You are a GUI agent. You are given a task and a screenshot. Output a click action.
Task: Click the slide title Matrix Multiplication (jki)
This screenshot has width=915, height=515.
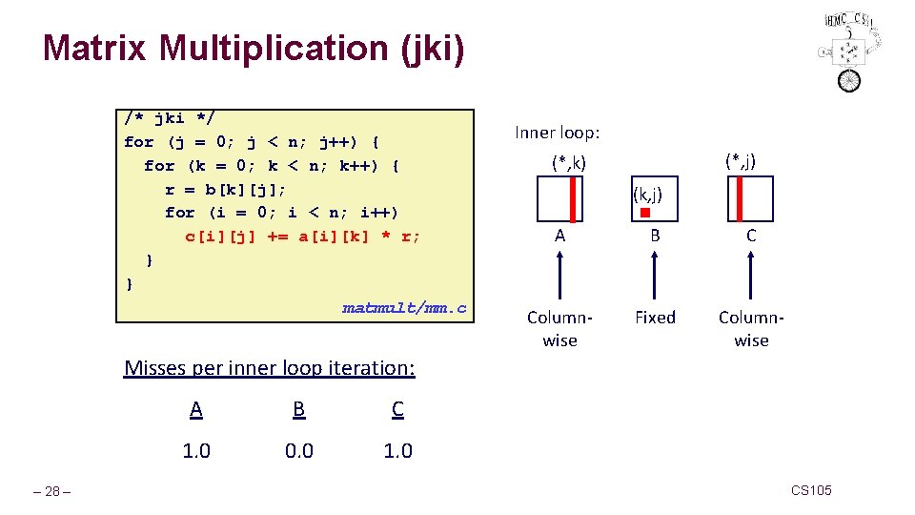point(254,49)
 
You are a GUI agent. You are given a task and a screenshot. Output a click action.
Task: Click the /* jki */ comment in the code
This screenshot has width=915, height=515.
point(170,118)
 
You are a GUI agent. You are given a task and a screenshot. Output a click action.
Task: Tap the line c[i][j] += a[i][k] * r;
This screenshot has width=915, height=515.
point(302,237)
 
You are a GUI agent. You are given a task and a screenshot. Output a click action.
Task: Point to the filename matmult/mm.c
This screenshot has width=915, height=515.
point(404,307)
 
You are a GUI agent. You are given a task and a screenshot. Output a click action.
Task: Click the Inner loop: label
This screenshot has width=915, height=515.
point(558,133)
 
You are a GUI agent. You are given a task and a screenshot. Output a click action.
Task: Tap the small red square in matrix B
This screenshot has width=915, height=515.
point(644,212)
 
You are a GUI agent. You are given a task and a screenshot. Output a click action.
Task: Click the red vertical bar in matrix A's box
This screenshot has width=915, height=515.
point(572,200)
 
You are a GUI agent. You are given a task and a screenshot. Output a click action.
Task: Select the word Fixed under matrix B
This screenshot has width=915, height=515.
point(655,318)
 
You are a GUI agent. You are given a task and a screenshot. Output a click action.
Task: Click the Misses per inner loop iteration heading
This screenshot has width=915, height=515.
point(270,368)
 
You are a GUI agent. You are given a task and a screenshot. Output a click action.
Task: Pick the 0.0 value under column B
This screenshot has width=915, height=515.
point(299,450)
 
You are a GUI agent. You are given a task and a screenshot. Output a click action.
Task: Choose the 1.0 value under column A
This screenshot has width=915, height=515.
point(196,450)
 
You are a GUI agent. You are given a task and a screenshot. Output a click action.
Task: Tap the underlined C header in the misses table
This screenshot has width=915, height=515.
point(397,409)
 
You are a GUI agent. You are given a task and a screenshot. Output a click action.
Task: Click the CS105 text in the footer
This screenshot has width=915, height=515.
point(811,490)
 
